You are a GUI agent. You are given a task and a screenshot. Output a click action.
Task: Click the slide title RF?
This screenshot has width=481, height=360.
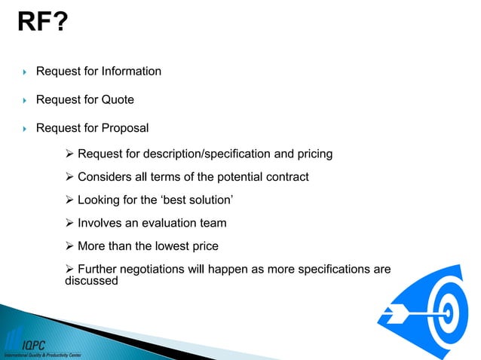pyautogui.click(x=42, y=26)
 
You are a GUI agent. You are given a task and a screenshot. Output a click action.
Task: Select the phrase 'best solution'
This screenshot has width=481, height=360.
pyautogui.click(x=189, y=200)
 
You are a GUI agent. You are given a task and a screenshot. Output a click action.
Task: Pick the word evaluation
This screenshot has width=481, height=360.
pyautogui.click(x=166, y=223)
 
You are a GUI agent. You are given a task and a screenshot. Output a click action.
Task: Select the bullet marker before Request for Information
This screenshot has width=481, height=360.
pyautogui.click(x=24, y=72)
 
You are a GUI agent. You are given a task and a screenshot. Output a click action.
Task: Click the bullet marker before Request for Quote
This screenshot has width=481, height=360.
pyautogui.click(x=24, y=100)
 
